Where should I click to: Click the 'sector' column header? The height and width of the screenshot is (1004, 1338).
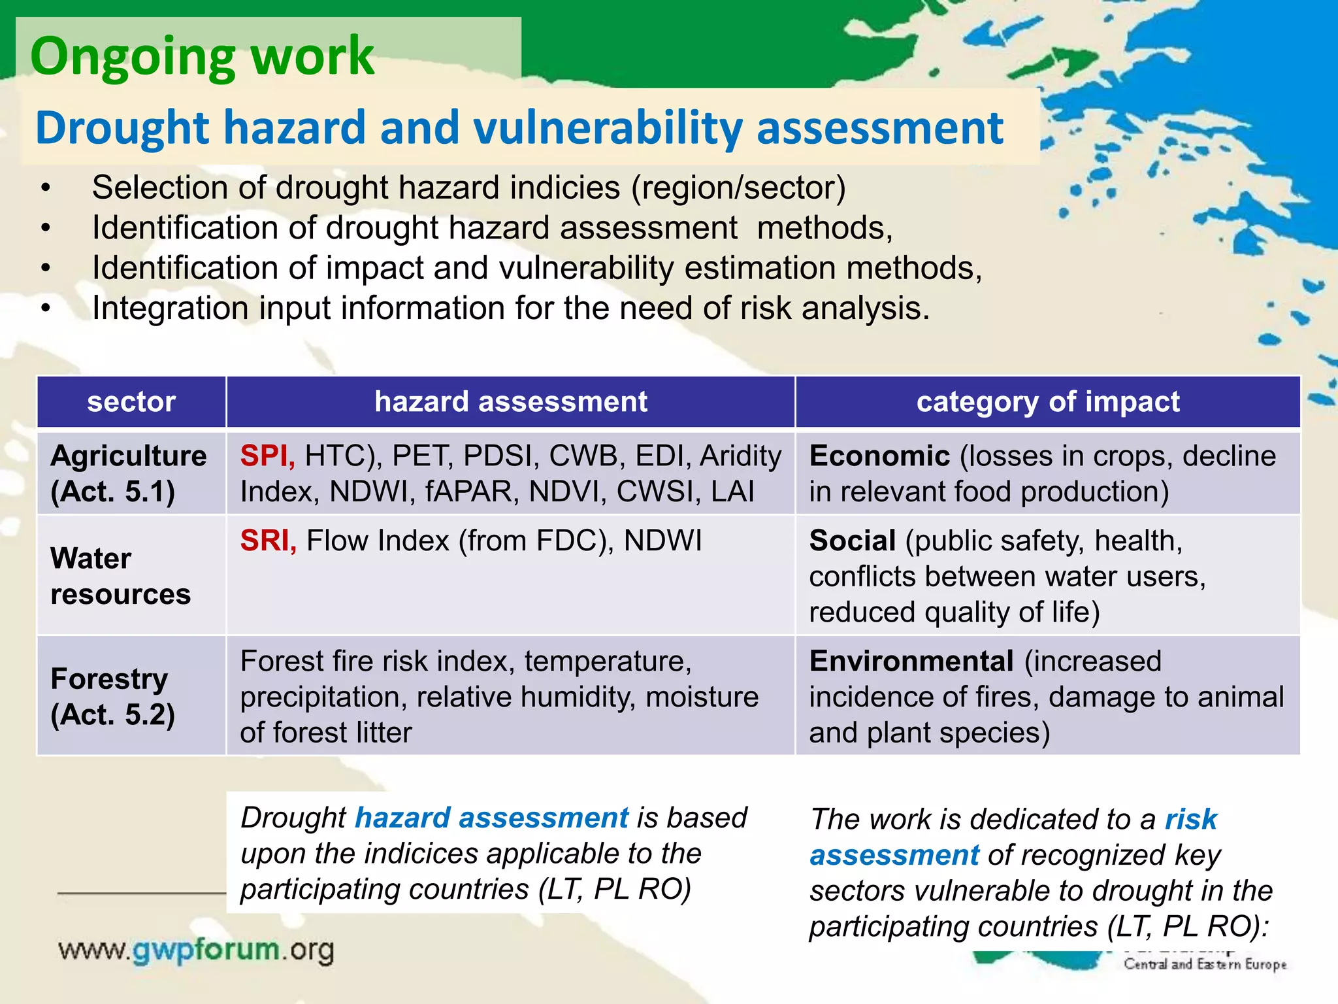(x=131, y=401)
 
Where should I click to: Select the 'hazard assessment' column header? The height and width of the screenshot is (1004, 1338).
(x=510, y=401)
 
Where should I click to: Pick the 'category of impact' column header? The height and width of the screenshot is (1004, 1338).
(x=1047, y=401)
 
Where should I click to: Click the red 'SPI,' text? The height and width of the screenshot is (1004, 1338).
(x=267, y=456)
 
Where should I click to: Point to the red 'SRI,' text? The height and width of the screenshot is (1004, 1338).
(x=268, y=541)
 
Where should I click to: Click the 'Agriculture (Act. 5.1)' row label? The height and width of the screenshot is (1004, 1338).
(x=128, y=473)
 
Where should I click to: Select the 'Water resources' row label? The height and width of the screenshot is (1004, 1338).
(x=120, y=576)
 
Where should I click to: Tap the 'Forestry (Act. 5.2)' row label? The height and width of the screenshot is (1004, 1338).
(x=112, y=696)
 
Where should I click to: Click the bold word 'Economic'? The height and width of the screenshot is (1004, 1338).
(x=879, y=456)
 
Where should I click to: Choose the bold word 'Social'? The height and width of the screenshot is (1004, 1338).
(x=852, y=541)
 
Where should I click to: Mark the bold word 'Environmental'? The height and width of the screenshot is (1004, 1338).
(x=911, y=661)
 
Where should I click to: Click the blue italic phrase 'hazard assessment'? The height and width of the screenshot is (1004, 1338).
(x=491, y=818)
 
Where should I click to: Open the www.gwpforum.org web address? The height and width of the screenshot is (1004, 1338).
(x=196, y=950)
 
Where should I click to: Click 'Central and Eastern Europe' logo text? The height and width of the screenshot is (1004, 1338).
(x=1204, y=964)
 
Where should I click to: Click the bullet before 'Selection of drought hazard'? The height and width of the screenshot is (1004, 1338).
(x=45, y=188)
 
